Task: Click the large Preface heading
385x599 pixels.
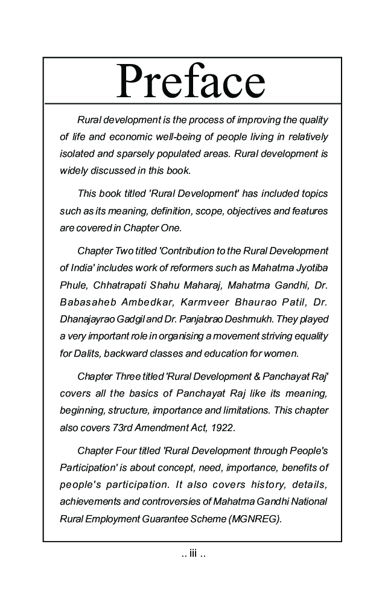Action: click(191, 82)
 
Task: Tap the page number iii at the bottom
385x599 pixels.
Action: click(193, 553)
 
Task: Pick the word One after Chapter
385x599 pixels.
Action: click(170, 228)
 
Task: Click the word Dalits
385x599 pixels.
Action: click(89, 352)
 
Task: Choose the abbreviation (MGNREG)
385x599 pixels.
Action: click(255, 518)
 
